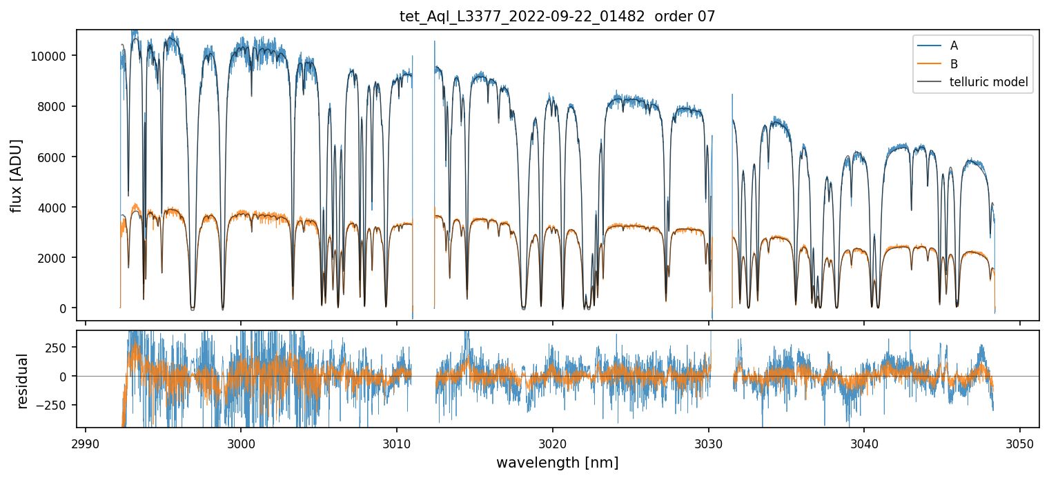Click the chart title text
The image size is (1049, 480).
[x=558, y=17]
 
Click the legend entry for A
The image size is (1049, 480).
[x=954, y=46]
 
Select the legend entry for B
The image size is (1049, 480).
[x=954, y=64]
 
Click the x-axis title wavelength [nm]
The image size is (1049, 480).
[x=558, y=463]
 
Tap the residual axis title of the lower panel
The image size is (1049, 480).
[x=23, y=381]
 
